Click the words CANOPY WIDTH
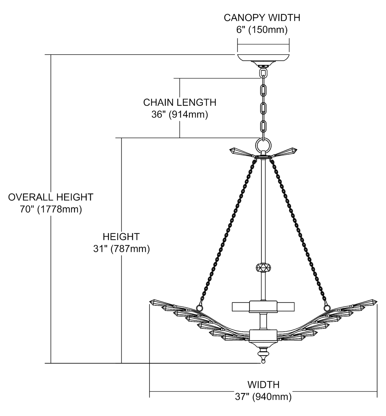click(262, 17)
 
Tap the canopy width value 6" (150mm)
click(262, 30)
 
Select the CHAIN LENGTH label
click(180, 102)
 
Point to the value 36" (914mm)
click(180, 114)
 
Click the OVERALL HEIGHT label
click(51, 197)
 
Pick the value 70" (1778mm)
click(51, 209)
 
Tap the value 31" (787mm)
click(121, 249)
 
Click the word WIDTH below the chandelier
click(263, 385)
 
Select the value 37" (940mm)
click(263, 397)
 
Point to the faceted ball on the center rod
click(263, 268)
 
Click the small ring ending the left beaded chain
click(199, 308)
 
